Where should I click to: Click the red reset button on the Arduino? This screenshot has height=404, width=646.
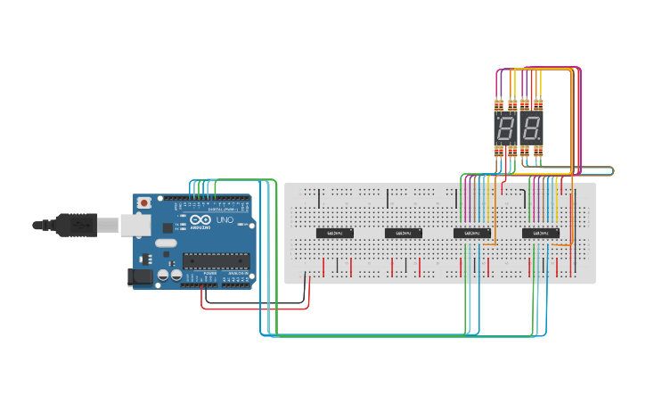[x=144, y=203]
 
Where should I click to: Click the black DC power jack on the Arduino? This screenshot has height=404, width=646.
[x=140, y=277]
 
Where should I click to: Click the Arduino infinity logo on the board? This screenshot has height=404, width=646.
[x=201, y=220]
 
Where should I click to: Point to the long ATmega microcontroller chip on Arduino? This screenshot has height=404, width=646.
[x=214, y=260]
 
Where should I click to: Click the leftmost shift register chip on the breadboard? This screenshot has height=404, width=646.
[x=335, y=234]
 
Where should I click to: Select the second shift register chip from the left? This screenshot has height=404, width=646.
[x=404, y=234]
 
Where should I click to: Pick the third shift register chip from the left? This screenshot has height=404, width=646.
[x=472, y=234]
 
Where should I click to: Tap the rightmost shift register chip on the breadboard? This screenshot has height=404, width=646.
[x=541, y=234]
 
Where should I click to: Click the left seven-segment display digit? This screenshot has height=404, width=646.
[x=505, y=128]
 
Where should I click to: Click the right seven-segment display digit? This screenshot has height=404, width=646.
[x=532, y=128]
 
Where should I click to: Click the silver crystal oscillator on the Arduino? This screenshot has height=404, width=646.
[x=166, y=243]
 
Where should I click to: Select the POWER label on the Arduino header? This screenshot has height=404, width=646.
[x=211, y=273]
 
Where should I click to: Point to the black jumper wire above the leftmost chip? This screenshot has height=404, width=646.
[x=319, y=197]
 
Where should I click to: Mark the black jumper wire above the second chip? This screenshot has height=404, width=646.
[x=388, y=197]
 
